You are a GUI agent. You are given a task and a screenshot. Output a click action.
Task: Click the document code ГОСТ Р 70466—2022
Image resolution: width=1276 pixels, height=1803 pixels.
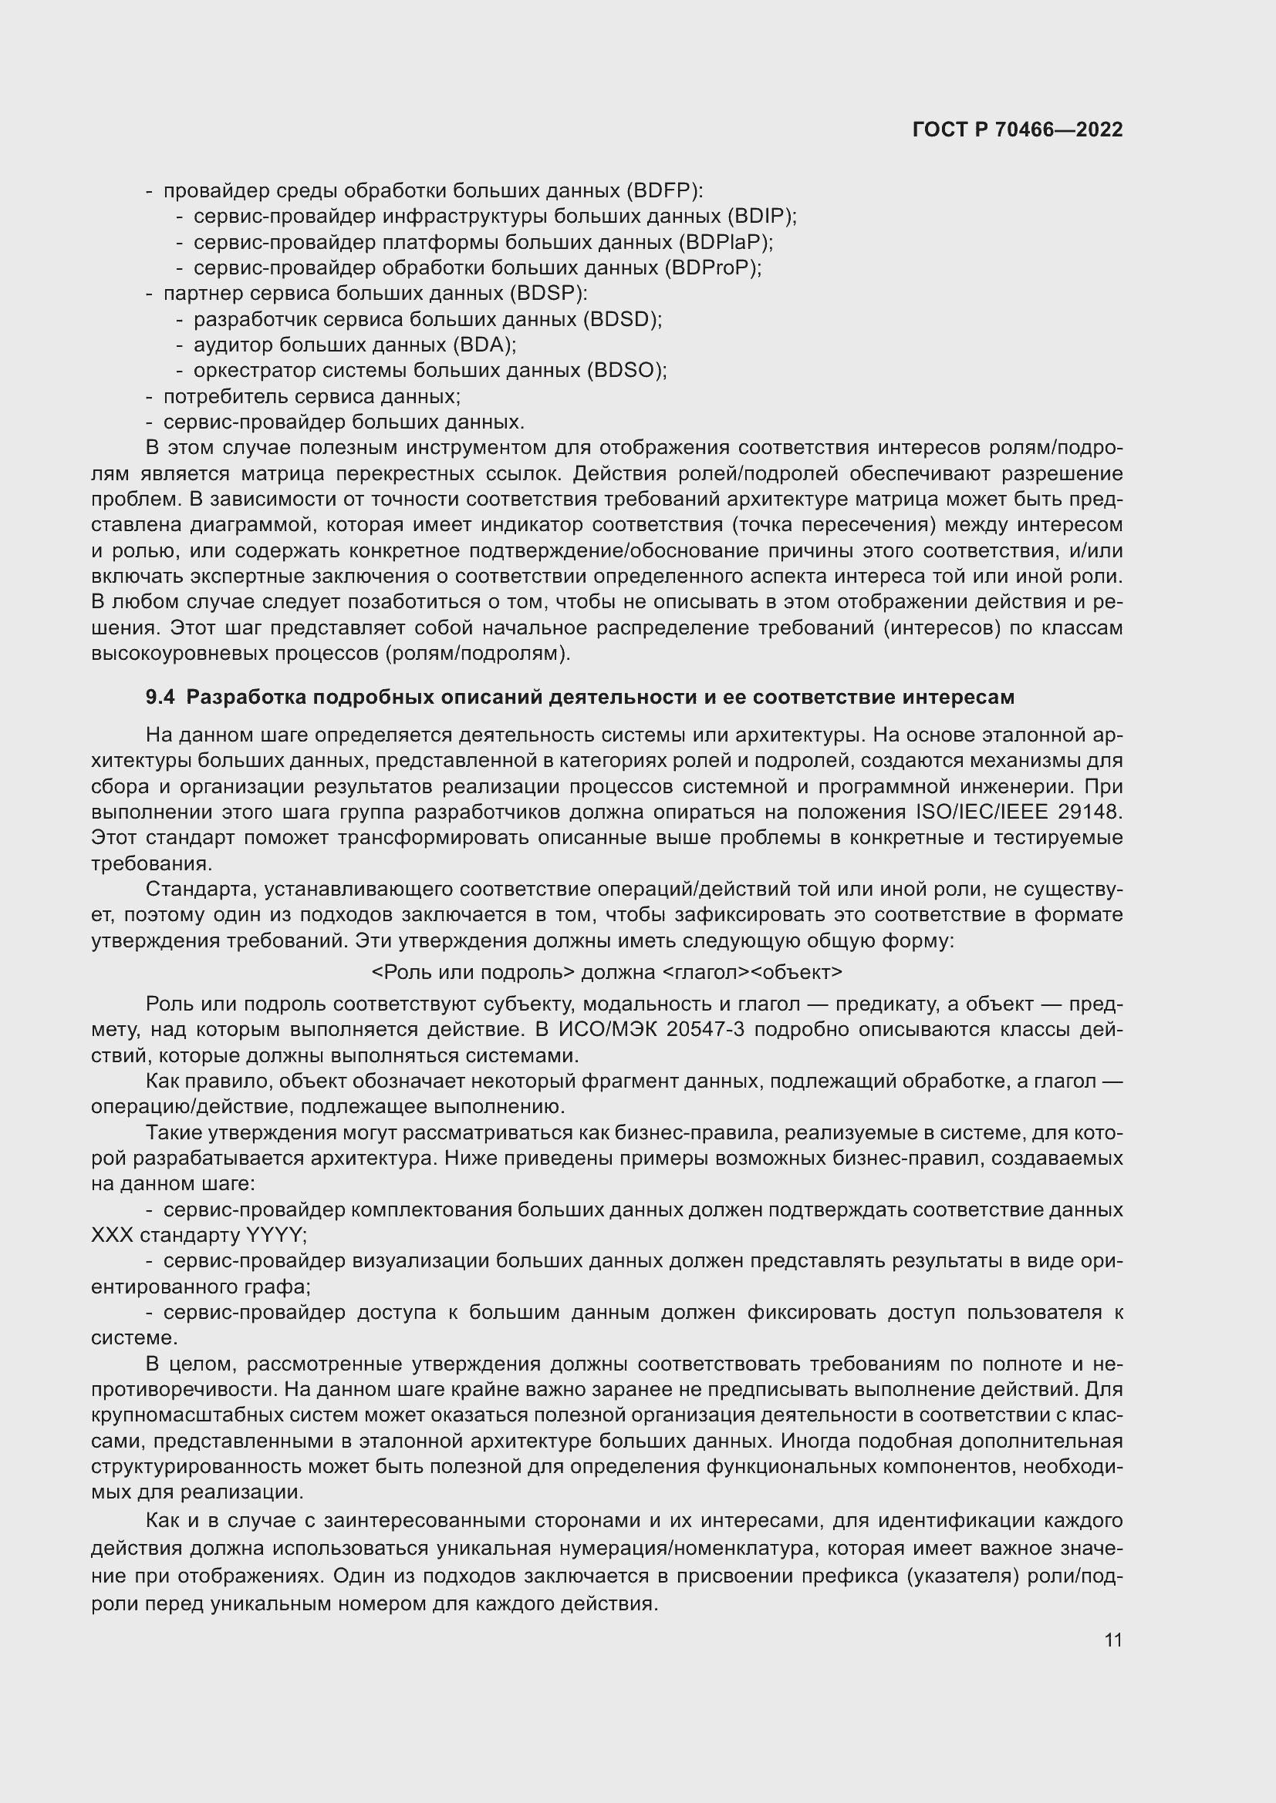pos(1018,130)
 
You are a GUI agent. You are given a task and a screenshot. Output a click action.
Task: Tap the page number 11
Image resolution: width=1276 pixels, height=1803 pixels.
pos(1112,1640)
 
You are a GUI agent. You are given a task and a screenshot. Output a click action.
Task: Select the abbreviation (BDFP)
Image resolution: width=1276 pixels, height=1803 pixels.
pos(665,191)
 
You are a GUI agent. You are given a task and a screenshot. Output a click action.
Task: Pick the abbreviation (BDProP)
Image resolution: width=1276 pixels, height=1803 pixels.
pos(712,267)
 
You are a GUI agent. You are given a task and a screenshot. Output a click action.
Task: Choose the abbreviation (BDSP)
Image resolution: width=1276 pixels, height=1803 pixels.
pos(547,294)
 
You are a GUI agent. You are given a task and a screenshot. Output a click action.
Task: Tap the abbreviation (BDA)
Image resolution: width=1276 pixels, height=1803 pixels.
pos(484,345)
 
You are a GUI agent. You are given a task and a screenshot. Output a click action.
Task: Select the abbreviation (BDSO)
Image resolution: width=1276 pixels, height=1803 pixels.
pos(626,371)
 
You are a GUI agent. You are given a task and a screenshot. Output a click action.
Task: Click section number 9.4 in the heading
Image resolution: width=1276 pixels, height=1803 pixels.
pos(160,698)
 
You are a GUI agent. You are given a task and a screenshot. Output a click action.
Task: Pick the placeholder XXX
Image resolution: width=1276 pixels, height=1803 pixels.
pos(113,1235)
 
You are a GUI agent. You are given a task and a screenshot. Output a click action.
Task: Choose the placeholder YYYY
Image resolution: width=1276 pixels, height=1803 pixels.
pos(273,1235)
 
